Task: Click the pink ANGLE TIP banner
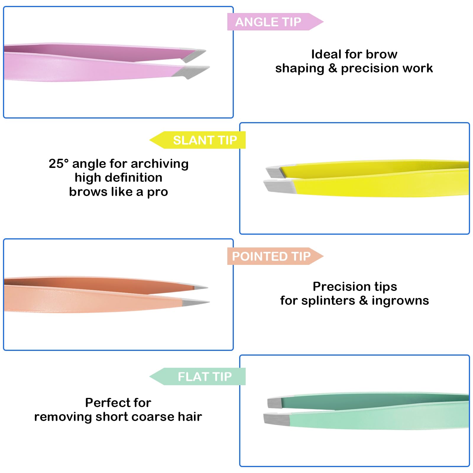coord(275,22)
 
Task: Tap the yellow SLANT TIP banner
coord(197,140)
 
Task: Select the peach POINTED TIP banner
coord(275,256)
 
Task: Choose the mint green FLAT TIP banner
coord(197,376)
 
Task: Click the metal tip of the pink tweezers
coord(194,64)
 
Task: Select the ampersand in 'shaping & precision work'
coord(333,68)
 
